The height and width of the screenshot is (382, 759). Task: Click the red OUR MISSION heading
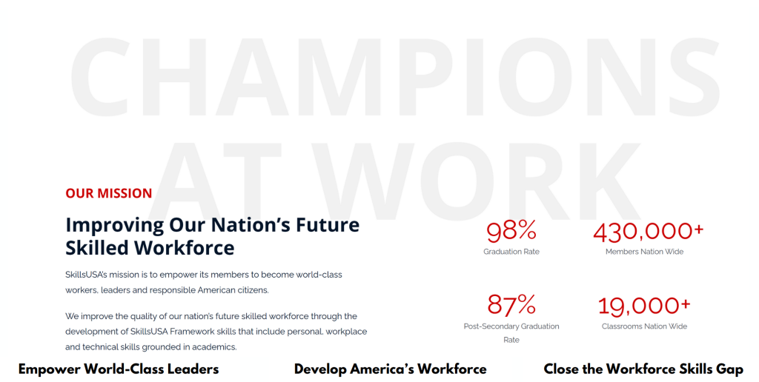click(109, 193)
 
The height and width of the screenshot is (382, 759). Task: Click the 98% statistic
click(511, 231)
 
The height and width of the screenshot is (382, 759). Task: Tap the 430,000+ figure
click(648, 231)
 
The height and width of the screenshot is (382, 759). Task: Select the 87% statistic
click(511, 305)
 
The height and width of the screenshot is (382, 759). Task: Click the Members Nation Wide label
click(644, 252)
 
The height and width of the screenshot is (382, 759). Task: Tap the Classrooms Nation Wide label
click(644, 326)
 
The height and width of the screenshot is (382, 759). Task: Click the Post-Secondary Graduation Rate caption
click(511, 333)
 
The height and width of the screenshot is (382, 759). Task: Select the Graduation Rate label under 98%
click(511, 252)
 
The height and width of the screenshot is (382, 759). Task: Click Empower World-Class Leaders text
click(119, 369)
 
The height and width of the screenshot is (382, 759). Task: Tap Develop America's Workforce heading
click(390, 369)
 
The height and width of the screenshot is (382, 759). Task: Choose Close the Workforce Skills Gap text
click(643, 369)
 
